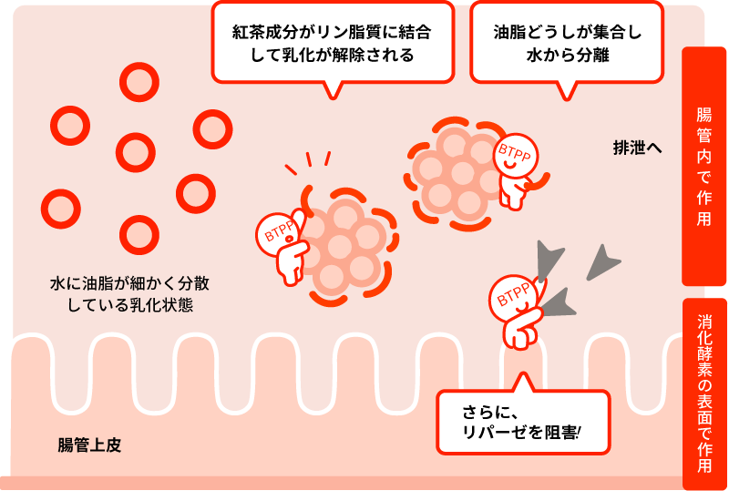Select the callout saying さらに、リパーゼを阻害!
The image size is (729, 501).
point(522,422)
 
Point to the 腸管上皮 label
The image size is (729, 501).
point(89,445)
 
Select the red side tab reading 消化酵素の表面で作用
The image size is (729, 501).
point(703,394)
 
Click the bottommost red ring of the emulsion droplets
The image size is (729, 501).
point(139,234)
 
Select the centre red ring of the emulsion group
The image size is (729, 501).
point(136,151)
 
